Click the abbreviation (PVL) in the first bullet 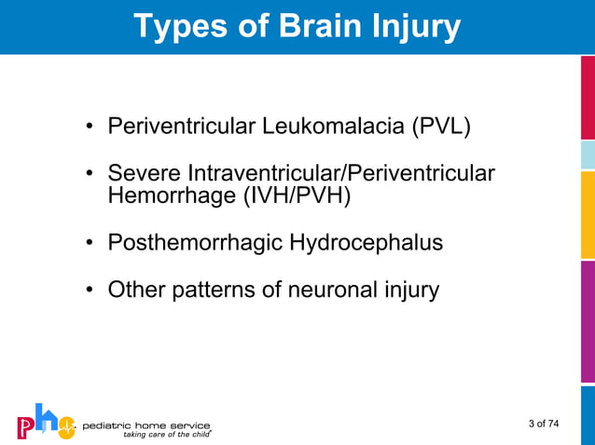point(440,126)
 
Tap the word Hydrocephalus point(366,243)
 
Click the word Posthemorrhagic point(195,243)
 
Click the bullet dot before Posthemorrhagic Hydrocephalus point(90,244)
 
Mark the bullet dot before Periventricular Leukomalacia point(90,127)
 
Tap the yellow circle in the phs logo point(65,427)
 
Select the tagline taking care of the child point(163,434)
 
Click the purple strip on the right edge point(588,321)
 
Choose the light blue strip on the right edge point(588,154)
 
